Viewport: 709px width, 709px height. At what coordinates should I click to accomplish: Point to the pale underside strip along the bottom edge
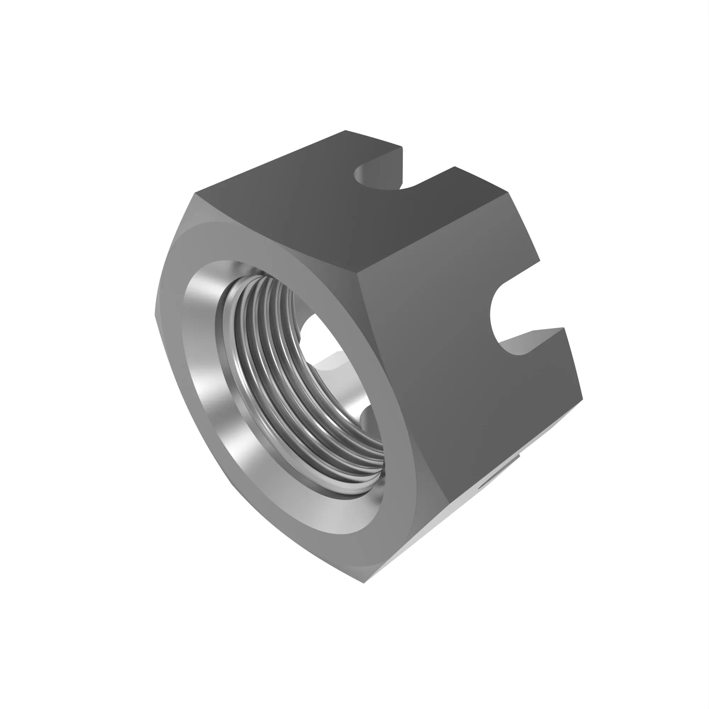[x=440, y=521]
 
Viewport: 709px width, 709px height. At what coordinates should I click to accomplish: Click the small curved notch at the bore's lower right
[x=367, y=418]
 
